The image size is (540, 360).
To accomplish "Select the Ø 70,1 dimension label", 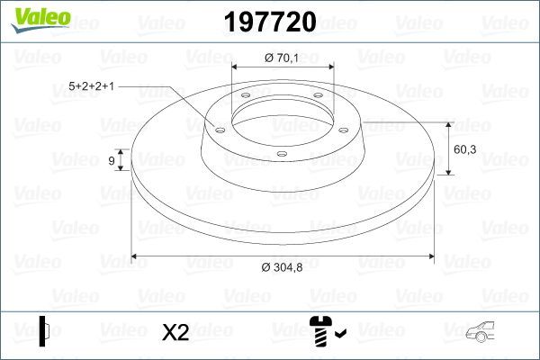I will click(282, 58).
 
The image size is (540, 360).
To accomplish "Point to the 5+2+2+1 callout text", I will click(92, 87).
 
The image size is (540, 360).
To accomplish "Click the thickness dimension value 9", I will click(111, 160).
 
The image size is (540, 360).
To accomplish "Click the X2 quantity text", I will click(175, 332).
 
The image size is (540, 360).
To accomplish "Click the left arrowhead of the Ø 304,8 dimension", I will click(138, 256).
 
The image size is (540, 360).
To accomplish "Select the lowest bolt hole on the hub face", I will click(281, 153).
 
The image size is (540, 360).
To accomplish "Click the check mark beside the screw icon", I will click(339, 336).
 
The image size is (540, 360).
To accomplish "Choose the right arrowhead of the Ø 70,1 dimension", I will click(328, 68).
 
